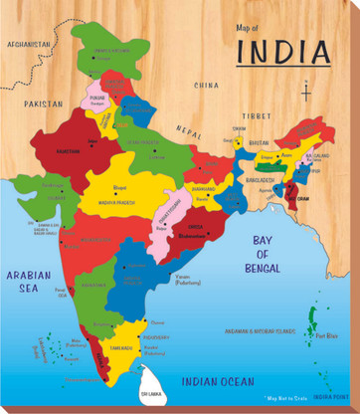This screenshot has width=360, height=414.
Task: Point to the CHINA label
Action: pyautogui.click(x=207, y=86)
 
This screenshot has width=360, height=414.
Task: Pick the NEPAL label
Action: pyautogui.click(x=188, y=131)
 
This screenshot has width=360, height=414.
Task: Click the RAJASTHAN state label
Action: pyautogui.click(x=70, y=152)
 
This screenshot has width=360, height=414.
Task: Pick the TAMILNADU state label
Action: pyautogui.click(x=121, y=349)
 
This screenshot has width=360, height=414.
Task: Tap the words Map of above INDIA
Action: pyautogui.click(x=245, y=29)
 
